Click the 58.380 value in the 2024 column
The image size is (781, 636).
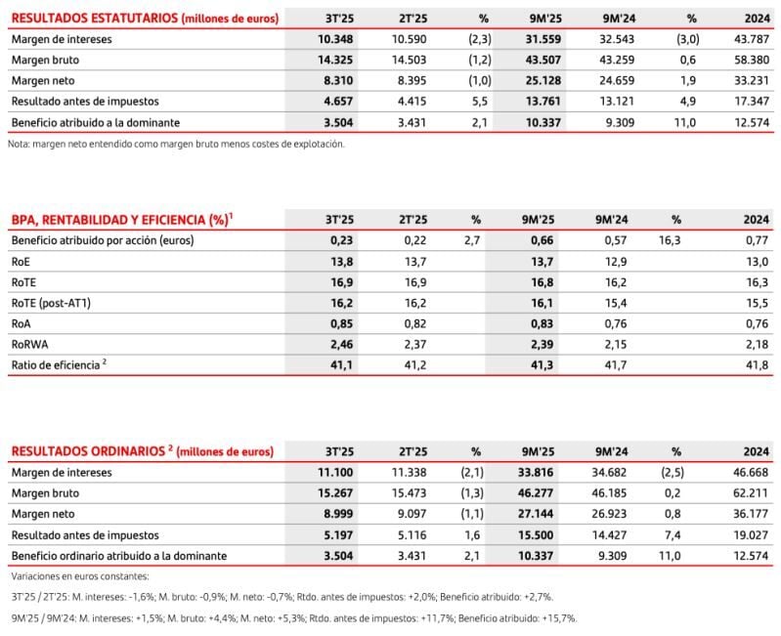tap(752, 60)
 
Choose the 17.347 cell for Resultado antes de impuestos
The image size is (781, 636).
tap(752, 101)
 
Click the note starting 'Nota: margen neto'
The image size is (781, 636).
tap(176, 144)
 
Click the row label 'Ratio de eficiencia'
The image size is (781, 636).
tap(59, 364)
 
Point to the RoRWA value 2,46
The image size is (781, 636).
tap(340, 344)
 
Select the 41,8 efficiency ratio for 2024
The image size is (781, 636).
tap(759, 364)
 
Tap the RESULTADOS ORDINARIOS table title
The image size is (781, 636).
tap(143, 451)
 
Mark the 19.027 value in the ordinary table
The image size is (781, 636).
tap(752, 534)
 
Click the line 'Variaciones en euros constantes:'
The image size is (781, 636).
tap(79, 576)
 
